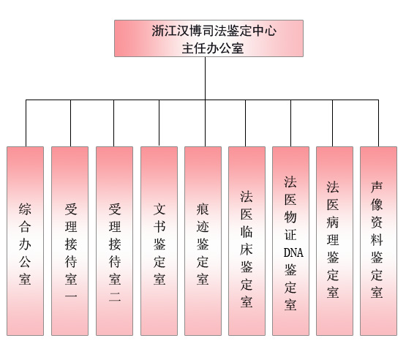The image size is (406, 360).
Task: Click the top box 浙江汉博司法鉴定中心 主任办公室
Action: (208, 38)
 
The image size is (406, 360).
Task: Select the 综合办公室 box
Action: (25, 241)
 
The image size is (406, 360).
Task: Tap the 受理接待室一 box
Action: (70, 241)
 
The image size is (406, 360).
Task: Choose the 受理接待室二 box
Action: (114, 241)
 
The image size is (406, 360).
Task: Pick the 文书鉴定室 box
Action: (159, 241)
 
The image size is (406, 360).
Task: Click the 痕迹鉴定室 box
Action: (203, 241)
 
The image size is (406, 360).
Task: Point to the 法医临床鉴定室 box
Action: (247, 241)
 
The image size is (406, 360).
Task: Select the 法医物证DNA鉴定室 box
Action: (290, 241)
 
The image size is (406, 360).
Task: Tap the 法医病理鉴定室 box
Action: (334, 241)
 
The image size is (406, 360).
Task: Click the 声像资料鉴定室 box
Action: (378, 241)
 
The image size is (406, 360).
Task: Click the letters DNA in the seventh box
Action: (293, 252)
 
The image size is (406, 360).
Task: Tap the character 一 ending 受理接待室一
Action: (71, 296)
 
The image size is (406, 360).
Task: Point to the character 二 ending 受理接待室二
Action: (115, 297)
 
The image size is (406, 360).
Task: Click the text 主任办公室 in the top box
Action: (213, 48)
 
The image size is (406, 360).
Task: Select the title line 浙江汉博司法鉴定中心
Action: (214, 31)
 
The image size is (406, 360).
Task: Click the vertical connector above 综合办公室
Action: (26, 123)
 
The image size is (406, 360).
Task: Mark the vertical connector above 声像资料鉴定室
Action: (378, 123)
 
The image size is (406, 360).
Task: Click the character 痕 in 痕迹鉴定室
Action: (203, 209)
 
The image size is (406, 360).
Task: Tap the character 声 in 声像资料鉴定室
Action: (377, 187)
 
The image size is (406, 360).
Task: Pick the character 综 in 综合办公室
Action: (25, 209)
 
